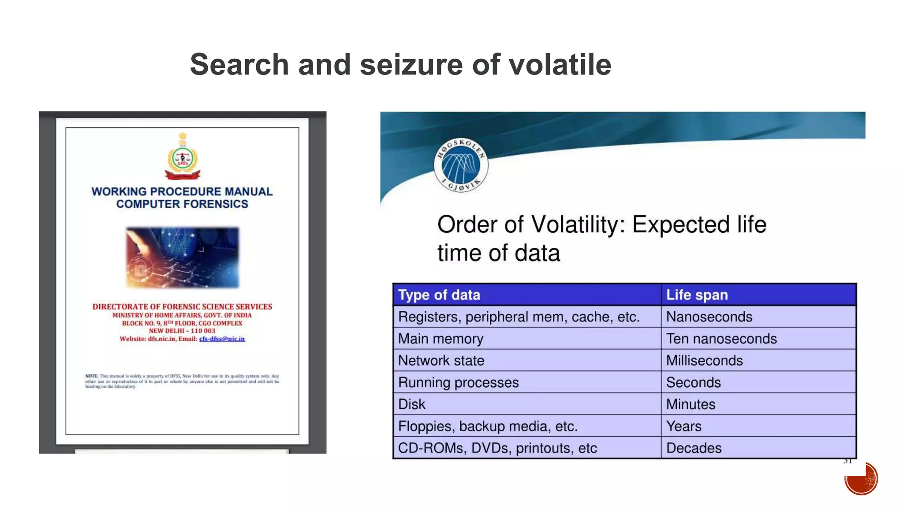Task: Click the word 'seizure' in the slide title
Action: pos(412,65)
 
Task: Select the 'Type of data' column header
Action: pos(439,295)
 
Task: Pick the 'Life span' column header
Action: pos(697,295)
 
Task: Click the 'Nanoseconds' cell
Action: pos(709,317)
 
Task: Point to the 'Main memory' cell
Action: pos(440,339)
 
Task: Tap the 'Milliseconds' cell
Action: pos(704,361)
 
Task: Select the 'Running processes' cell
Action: pos(458,382)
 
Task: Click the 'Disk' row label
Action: pos(411,404)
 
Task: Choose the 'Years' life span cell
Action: pos(683,426)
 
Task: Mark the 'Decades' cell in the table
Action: pos(694,448)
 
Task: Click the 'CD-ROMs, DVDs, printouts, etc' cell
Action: pos(497,448)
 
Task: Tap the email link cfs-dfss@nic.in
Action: pos(222,339)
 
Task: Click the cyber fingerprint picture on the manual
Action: pos(183,258)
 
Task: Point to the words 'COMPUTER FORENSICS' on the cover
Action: pos(182,204)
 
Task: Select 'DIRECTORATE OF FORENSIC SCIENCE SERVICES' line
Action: pos(182,306)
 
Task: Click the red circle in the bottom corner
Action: pos(861,478)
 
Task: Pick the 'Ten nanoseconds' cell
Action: pos(721,339)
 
